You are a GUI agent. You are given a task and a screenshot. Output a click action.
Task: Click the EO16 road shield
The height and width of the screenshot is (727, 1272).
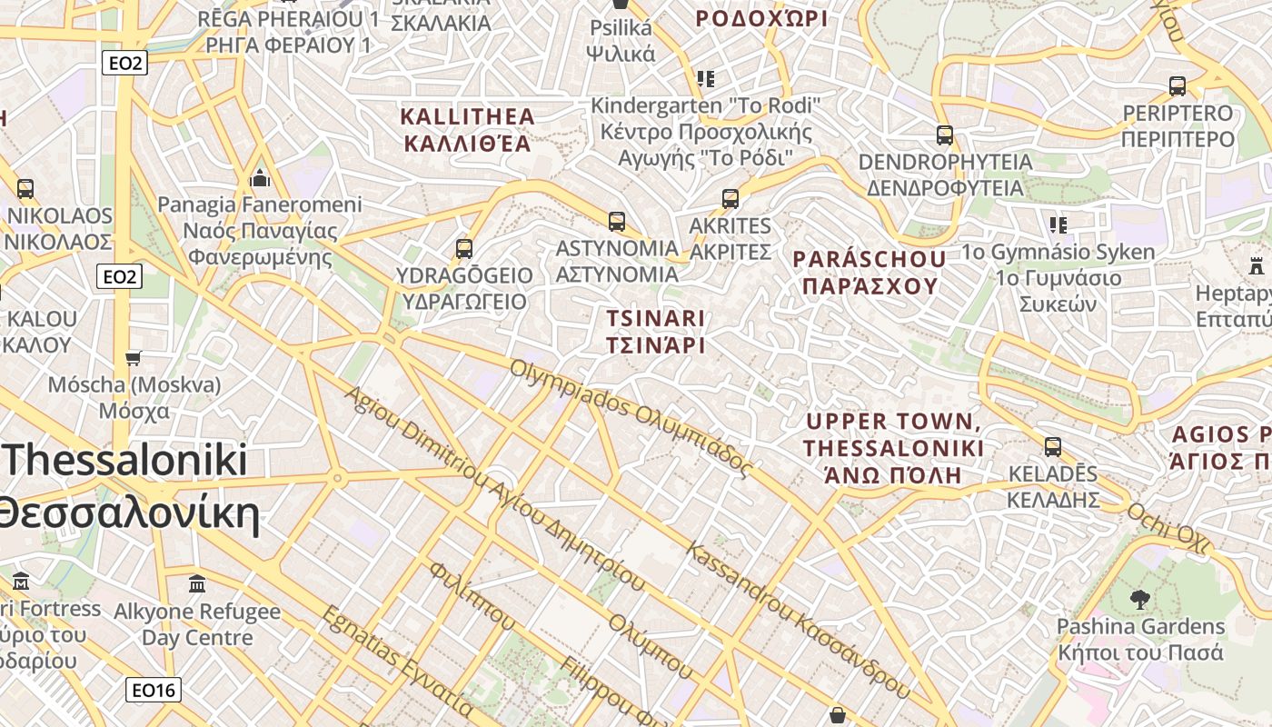tap(153, 691)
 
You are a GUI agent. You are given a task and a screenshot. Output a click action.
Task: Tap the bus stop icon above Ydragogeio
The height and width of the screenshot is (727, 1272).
tap(464, 248)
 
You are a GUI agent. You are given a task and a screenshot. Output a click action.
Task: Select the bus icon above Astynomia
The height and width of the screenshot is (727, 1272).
tap(617, 221)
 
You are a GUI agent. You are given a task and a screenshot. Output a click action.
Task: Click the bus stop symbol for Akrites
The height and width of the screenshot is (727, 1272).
tap(730, 199)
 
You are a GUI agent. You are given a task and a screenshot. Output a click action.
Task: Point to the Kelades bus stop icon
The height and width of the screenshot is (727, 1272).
tap(1053, 447)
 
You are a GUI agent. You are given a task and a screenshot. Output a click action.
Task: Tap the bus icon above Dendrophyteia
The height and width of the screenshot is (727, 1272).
tap(945, 135)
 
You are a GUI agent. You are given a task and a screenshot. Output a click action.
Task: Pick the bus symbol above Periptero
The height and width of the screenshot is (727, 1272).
tap(1178, 86)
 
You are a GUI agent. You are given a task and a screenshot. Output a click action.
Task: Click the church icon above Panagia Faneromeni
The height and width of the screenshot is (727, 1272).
tap(260, 177)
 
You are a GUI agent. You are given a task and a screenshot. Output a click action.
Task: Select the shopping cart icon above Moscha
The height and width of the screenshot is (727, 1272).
tap(134, 358)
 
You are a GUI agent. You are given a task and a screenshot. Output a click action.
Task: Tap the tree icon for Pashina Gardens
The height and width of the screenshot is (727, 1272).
tap(1139, 600)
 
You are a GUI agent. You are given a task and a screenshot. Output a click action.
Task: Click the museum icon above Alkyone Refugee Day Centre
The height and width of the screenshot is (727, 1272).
tap(197, 584)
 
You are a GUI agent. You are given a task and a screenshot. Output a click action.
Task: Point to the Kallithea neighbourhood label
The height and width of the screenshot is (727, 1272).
tap(467, 130)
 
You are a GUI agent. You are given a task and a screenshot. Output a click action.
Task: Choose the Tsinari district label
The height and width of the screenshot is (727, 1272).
tap(655, 332)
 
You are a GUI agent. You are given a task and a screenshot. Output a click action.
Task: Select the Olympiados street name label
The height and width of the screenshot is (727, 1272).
tap(631, 418)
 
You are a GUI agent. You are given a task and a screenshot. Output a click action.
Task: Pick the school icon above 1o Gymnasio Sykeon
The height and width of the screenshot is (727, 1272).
tap(1058, 224)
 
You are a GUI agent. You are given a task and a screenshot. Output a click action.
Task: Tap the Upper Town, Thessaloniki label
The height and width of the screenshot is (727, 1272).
tap(893, 448)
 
